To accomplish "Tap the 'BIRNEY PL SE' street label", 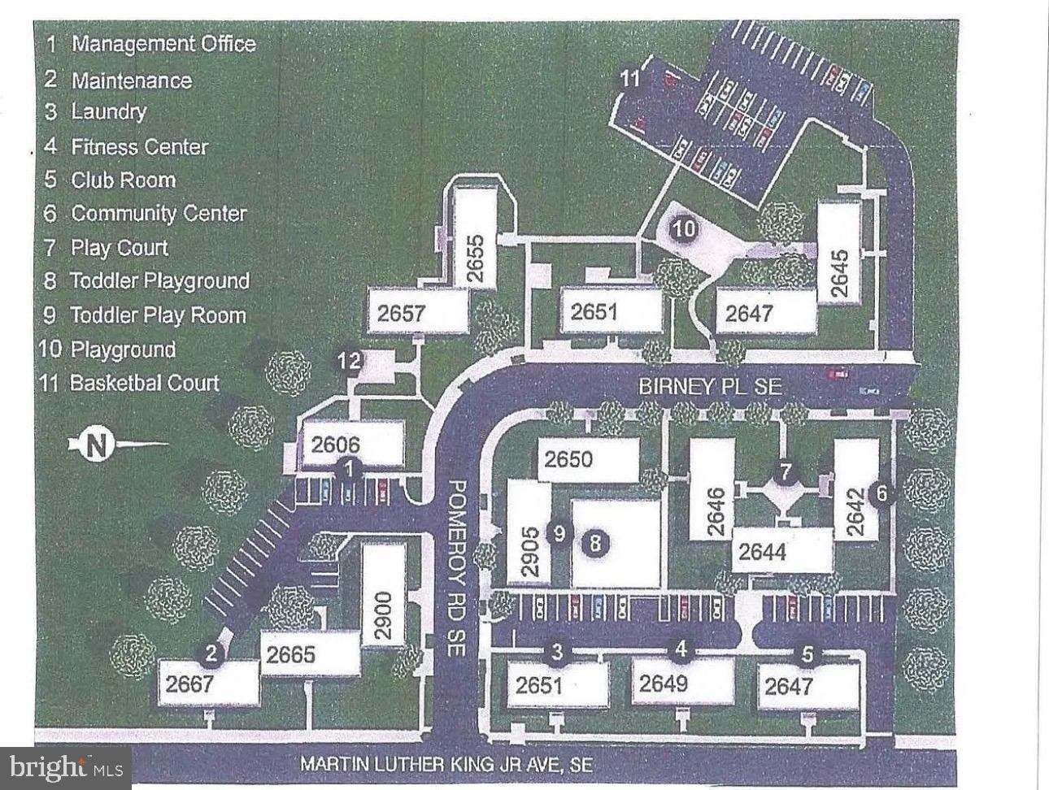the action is point(710,386).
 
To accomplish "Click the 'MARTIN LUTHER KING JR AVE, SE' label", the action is point(446,765).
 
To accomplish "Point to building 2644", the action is point(763,552).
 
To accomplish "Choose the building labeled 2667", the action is point(189,684).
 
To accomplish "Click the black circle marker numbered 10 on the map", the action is point(684,228).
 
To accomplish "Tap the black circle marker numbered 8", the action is point(595,544).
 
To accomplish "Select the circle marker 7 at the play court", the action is point(785,471).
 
